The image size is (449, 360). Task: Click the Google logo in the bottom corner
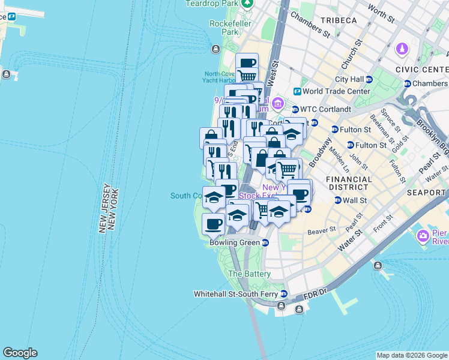point(20,353)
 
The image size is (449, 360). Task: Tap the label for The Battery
point(249,274)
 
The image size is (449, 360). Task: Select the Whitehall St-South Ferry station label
point(237,294)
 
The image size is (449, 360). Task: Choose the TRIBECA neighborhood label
point(339,20)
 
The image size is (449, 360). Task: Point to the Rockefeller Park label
point(224,28)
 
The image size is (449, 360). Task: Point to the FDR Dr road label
point(313,292)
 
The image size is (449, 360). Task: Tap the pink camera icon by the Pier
point(423,236)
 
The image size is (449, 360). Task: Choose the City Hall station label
point(349,79)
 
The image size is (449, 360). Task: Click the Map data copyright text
point(412,355)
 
